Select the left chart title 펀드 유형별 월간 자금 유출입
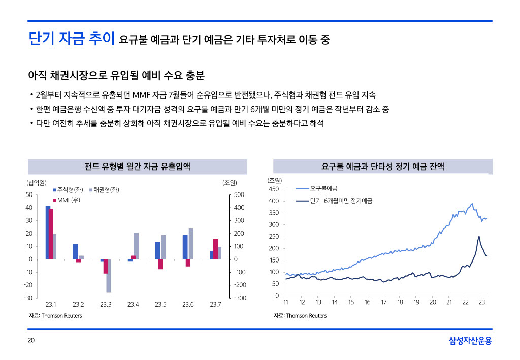pos(137,167)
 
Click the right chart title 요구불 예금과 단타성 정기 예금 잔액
pos(382,167)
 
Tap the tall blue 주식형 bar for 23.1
pos(48,233)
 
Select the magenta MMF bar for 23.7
pos(216,249)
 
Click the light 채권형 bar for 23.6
pos(191,244)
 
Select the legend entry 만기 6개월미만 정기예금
pos(341,201)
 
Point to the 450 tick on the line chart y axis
pos(274,189)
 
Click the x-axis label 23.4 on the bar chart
pos(133,305)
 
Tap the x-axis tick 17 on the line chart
pos(383,303)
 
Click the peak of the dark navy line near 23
pos(478,236)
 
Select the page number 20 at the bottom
pos(31,341)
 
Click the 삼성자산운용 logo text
pos(470,341)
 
